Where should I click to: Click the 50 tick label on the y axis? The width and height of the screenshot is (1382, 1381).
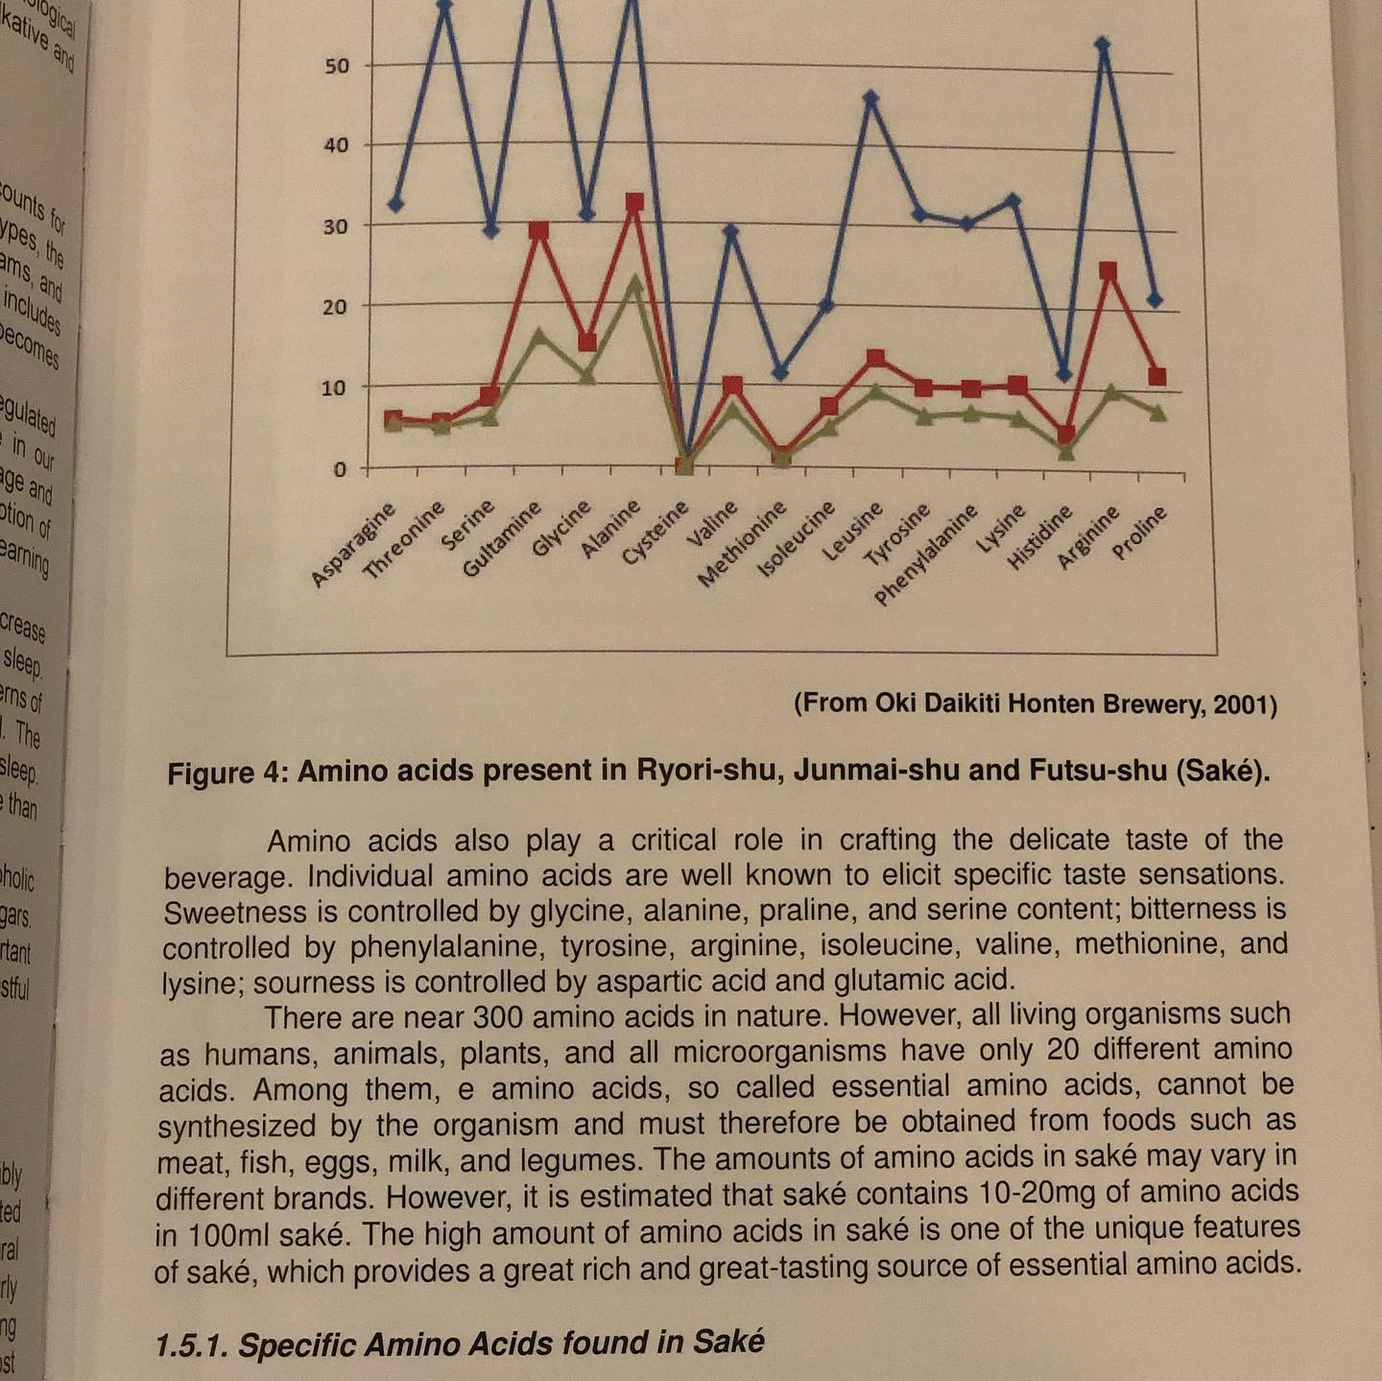click(336, 66)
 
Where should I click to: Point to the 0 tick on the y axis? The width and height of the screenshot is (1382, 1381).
click(340, 469)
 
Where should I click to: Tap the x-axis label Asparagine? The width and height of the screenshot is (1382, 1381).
click(354, 544)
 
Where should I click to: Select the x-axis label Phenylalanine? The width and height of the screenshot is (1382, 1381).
click(926, 556)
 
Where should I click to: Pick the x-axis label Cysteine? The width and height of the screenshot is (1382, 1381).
click(655, 533)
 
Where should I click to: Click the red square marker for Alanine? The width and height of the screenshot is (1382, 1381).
click(634, 202)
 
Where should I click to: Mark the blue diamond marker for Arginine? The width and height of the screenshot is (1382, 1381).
click(1103, 44)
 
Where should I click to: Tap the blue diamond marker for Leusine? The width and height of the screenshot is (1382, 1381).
click(870, 97)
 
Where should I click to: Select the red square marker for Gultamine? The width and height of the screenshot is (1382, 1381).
click(539, 230)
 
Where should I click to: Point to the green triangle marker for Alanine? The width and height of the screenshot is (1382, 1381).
click(634, 282)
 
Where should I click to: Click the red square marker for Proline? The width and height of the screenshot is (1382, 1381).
click(1156, 376)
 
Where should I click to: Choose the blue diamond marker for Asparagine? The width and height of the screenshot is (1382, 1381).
click(395, 203)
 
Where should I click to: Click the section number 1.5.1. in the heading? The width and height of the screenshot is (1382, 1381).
click(192, 1345)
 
